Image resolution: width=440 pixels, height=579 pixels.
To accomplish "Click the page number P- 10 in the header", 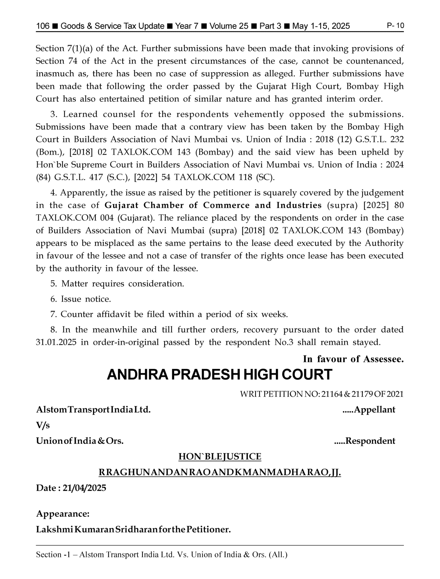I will coord(395,26).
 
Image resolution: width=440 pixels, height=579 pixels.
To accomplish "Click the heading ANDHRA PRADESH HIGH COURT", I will coord(219,375).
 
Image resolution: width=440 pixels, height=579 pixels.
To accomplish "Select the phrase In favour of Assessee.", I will coord(353,359).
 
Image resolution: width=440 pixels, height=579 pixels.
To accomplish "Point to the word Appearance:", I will coord(63,514).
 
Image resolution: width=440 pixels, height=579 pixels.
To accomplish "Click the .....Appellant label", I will coord(368,410).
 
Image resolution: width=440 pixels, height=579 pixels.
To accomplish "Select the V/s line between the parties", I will coord(43,425).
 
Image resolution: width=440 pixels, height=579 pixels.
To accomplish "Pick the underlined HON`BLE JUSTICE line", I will coord(220,456).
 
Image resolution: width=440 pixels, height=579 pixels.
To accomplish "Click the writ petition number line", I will coord(321,394).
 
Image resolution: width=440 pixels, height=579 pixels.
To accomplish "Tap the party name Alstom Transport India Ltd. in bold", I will coord(93,410).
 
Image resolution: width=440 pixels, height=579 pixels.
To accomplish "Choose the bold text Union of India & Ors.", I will coord(80,441).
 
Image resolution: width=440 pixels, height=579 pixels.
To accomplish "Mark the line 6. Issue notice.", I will coord(81,299).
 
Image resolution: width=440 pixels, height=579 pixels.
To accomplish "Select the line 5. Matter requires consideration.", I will coord(117,284).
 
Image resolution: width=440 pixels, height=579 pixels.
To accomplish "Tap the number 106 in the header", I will coord(43,26).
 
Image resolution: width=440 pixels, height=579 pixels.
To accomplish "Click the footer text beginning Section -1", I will coord(161,555).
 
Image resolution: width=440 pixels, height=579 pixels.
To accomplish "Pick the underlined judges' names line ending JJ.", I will coord(220,472).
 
